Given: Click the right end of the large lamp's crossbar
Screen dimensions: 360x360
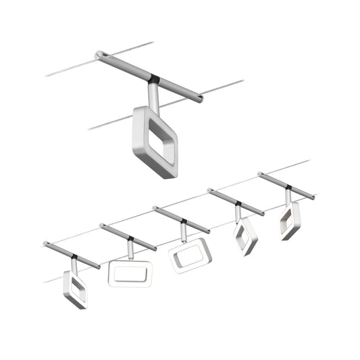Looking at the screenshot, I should click(x=200, y=101).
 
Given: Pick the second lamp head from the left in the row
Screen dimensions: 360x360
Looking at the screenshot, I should click(x=130, y=273).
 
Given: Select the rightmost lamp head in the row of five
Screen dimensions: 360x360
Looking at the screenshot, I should click(x=290, y=222).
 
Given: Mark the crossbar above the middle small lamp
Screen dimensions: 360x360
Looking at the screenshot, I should click(x=181, y=220).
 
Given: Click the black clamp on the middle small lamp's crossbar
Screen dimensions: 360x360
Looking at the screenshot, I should click(x=183, y=221).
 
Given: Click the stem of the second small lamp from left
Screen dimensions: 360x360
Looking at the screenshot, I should click(x=130, y=251).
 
